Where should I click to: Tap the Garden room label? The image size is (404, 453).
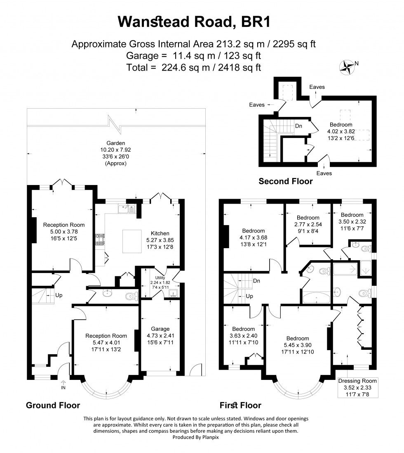tap(115, 143)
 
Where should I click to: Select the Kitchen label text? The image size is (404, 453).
tap(160, 234)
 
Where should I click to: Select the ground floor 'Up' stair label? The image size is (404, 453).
tap(59, 296)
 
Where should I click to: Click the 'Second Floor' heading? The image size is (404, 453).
tap(285, 181)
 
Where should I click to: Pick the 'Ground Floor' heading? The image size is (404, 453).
tap(53, 405)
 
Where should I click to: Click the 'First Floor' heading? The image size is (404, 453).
tap(241, 405)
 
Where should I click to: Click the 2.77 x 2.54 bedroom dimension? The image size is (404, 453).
tap(308, 225)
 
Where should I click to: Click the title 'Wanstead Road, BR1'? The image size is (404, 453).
tap(194, 21)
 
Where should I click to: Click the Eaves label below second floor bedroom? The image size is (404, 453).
tap(324, 173)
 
